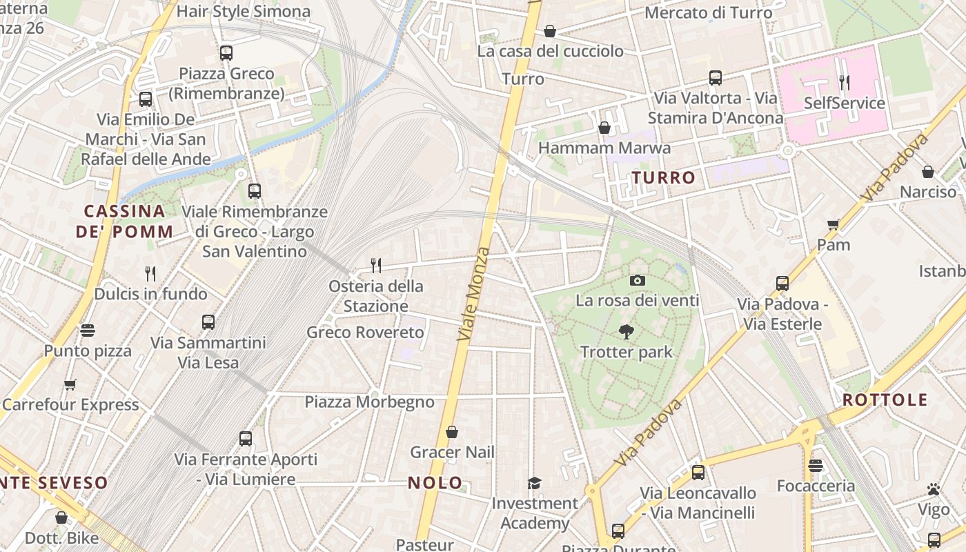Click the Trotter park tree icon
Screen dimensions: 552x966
pyautogui.click(x=626, y=332)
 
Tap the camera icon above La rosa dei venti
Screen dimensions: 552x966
pyautogui.click(x=637, y=280)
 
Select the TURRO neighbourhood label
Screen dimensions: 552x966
pyautogui.click(x=663, y=177)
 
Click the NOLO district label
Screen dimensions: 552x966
pyautogui.click(x=435, y=483)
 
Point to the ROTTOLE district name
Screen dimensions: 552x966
pyautogui.click(x=885, y=400)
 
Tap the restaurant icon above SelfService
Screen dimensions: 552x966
pyautogui.click(x=844, y=83)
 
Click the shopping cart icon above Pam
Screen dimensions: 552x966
pyautogui.click(x=833, y=224)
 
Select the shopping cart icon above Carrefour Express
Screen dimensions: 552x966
pyautogui.click(x=70, y=384)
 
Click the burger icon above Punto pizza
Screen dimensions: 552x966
pyautogui.click(x=87, y=331)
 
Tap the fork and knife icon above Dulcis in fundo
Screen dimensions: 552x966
pyautogui.click(x=150, y=274)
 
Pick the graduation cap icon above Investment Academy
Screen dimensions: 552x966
pyautogui.click(x=534, y=483)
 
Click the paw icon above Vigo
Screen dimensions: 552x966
pyautogui.click(x=934, y=489)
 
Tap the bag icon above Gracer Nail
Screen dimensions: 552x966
pyautogui.click(x=452, y=432)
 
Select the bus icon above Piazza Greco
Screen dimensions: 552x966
pyautogui.click(x=226, y=53)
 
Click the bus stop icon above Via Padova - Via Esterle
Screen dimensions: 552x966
pyautogui.click(x=782, y=284)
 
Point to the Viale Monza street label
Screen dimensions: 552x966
pyautogui.click(x=474, y=293)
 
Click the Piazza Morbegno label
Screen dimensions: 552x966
pyautogui.click(x=370, y=402)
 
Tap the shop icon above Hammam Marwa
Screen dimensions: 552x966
pyautogui.click(x=604, y=128)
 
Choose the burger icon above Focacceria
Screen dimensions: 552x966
pyautogui.click(x=816, y=466)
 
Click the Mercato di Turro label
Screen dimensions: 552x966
pyautogui.click(x=709, y=12)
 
